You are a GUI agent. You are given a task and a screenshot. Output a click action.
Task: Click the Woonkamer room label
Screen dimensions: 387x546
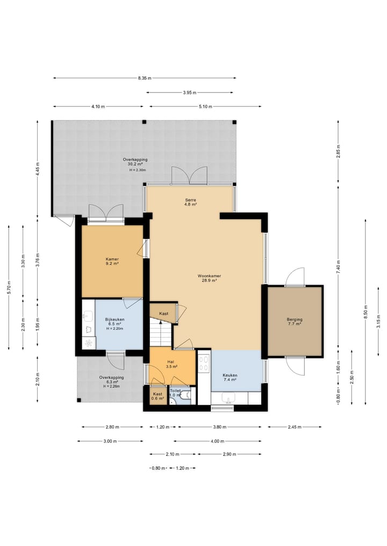coord(209,278)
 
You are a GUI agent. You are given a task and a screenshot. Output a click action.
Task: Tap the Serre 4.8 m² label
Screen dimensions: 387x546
coord(190,202)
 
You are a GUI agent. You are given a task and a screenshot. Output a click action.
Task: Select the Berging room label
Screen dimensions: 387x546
coord(295,322)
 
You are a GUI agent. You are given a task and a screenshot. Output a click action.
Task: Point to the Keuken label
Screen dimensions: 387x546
coord(230,377)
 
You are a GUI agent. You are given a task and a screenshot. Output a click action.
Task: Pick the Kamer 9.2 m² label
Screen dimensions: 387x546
coord(112,261)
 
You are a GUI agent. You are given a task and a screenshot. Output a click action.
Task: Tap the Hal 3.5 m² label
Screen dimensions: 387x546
coord(171,364)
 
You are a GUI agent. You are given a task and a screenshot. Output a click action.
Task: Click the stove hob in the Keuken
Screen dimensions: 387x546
coord(204,363)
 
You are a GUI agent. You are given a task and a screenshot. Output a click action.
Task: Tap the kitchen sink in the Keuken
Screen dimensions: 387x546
coord(229,398)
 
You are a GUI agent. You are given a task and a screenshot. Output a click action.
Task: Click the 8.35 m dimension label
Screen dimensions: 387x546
coord(145,78)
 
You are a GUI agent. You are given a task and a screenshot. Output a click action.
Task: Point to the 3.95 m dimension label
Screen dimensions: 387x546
coord(190,93)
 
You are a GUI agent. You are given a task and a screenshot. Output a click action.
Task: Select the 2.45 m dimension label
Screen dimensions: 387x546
coord(295,427)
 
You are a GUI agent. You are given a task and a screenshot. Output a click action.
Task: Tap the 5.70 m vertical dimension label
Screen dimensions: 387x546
coord(9,287)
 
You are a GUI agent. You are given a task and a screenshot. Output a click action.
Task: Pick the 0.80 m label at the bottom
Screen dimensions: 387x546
coord(158,468)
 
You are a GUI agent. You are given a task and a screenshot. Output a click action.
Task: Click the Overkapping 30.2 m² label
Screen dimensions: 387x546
coord(135,162)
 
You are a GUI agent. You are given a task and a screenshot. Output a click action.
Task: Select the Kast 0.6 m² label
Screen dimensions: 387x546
coord(157,396)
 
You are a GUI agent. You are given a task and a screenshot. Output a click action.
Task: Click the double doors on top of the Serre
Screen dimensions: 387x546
coord(189,175)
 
